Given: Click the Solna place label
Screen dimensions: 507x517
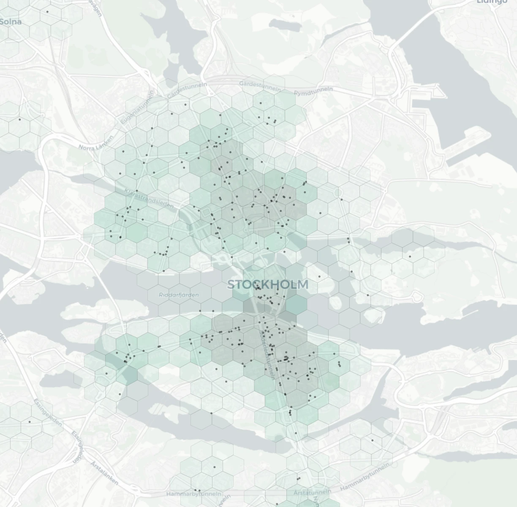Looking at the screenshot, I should (x=11, y=22).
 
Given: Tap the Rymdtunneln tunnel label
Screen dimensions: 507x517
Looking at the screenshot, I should (x=313, y=91).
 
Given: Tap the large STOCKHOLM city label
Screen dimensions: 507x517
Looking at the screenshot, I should (x=268, y=284).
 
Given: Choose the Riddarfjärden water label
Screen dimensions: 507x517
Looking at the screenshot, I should (x=179, y=295).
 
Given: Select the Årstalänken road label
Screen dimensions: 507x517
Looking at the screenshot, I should (x=104, y=473).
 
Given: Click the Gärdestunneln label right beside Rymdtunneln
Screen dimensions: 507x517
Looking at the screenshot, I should (x=260, y=86).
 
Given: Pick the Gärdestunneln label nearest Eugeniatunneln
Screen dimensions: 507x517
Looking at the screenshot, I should (x=187, y=90).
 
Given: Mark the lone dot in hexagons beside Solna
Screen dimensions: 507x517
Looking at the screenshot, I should (x=47, y=12).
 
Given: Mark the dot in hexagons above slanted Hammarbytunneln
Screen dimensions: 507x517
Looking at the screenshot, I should (x=372, y=440).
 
